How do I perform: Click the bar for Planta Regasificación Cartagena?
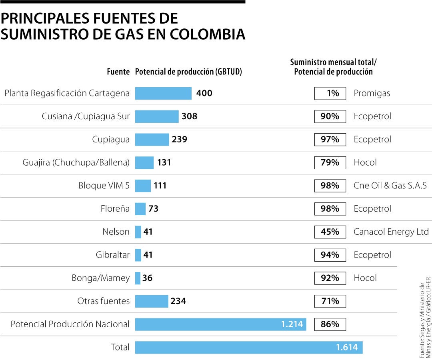(163, 93)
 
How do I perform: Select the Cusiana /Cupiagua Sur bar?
(157, 116)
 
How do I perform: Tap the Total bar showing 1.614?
(248, 347)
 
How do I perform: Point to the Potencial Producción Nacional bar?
(220, 324)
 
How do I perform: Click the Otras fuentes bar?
(152, 301)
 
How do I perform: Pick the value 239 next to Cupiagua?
(180, 140)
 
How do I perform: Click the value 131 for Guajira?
(164, 163)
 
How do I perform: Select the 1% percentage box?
(330, 93)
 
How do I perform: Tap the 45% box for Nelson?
(330, 232)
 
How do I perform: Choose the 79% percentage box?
(330, 163)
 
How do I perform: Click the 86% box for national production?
(330, 324)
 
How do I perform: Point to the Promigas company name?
(372, 93)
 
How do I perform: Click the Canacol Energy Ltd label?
(391, 232)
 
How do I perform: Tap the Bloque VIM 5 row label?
(104, 186)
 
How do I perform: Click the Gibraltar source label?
(113, 255)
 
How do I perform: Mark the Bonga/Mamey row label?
(101, 278)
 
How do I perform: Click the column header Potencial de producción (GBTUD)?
(189, 72)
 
